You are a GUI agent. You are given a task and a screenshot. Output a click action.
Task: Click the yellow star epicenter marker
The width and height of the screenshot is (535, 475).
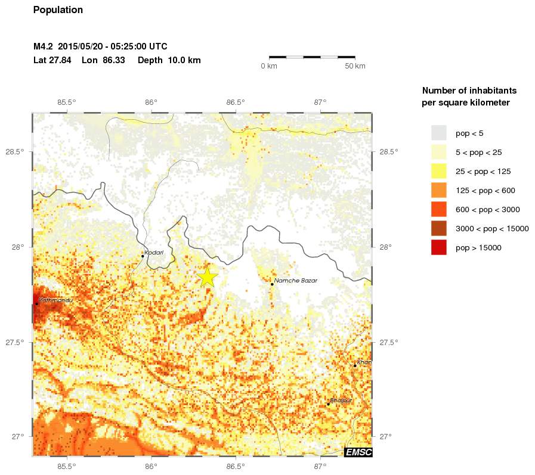click(x=208, y=277)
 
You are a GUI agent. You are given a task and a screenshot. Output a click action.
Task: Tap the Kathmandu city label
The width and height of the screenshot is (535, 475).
click(x=55, y=300)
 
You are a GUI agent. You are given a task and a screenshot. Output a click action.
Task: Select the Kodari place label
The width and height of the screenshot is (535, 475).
click(x=154, y=253)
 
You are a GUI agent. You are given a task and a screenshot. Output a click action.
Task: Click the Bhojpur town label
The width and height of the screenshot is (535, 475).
click(x=341, y=401)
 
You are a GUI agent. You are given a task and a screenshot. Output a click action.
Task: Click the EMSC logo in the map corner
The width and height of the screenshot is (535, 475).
click(x=358, y=452)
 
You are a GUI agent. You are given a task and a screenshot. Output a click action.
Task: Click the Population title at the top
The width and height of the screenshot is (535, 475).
click(x=58, y=10)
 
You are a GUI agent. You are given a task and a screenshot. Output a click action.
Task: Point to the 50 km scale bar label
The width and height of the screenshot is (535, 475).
click(x=355, y=66)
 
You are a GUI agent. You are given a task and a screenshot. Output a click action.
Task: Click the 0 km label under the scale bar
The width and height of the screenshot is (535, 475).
click(x=269, y=66)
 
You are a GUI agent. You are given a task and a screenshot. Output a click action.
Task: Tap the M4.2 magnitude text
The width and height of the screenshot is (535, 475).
click(x=44, y=46)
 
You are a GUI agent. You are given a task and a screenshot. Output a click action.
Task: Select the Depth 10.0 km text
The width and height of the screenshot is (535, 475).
click(x=169, y=60)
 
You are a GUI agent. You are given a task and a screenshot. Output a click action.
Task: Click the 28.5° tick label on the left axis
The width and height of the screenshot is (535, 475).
click(x=15, y=152)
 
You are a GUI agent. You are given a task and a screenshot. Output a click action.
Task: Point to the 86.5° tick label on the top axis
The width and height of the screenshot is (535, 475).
click(x=236, y=102)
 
